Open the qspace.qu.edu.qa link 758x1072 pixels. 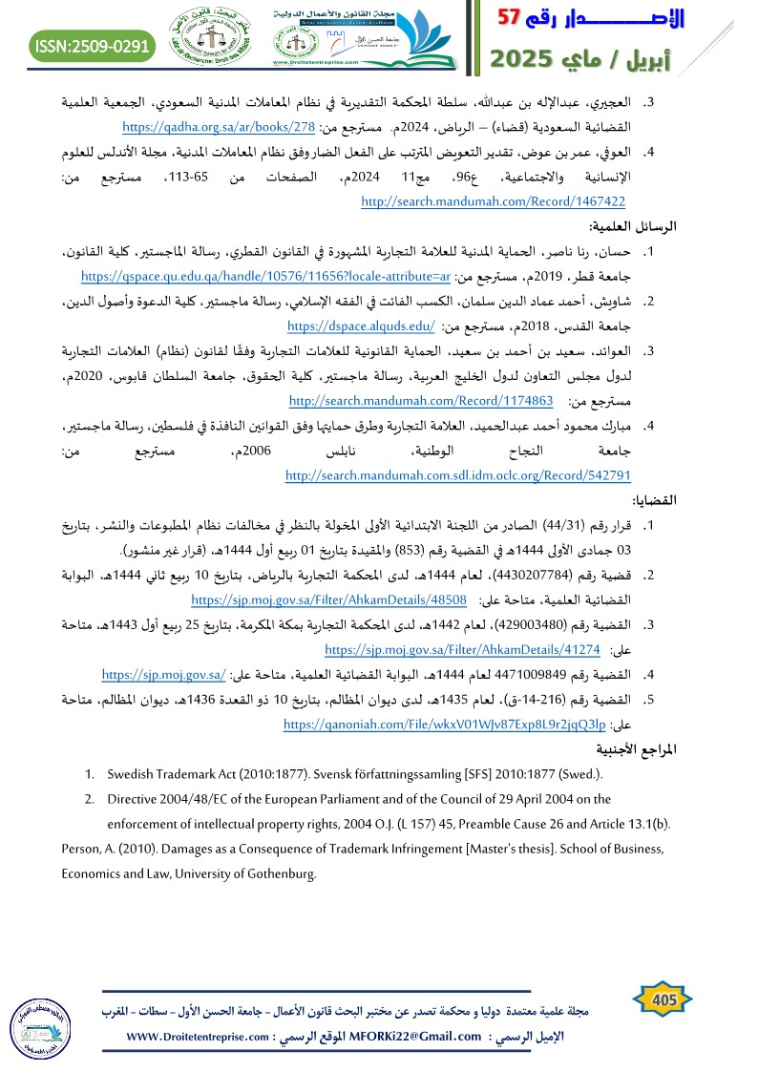[x=265, y=276]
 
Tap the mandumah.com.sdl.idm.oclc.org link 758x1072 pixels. [x=458, y=474]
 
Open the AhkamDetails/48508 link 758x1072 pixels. [x=328, y=599]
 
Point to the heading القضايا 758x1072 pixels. [x=654, y=500]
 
